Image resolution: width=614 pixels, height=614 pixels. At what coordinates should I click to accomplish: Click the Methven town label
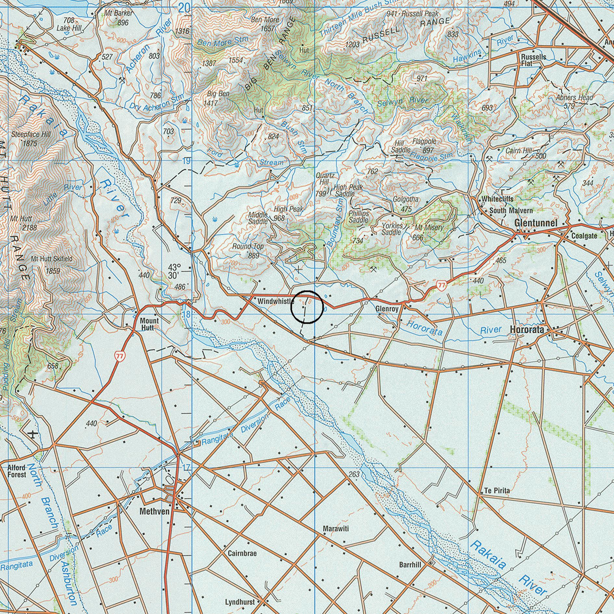click(154, 512)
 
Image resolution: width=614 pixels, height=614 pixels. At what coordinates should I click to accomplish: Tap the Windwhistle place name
click(275, 301)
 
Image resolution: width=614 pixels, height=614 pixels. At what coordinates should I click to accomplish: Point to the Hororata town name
click(527, 329)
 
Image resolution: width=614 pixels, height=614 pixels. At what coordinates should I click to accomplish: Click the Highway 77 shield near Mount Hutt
click(120, 356)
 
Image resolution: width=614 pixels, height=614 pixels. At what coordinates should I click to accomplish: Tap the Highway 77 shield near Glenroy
click(441, 286)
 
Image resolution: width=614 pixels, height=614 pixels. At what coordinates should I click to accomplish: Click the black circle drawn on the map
click(307, 307)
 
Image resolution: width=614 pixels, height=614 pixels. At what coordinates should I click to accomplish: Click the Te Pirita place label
click(497, 491)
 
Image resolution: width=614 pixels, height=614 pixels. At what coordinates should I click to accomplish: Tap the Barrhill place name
click(410, 565)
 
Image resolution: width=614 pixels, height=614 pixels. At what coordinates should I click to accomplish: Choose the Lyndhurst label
click(240, 602)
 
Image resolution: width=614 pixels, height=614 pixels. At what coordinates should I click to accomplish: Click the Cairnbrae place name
click(242, 553)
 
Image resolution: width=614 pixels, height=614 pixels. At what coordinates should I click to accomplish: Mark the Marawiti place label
click(336, 529)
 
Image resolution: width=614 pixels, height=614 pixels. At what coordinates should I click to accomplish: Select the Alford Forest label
click(17, 471)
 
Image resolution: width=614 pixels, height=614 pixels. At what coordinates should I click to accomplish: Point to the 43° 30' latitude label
click(174, 271)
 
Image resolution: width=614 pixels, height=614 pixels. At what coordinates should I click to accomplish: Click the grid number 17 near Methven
click(186, 467)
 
